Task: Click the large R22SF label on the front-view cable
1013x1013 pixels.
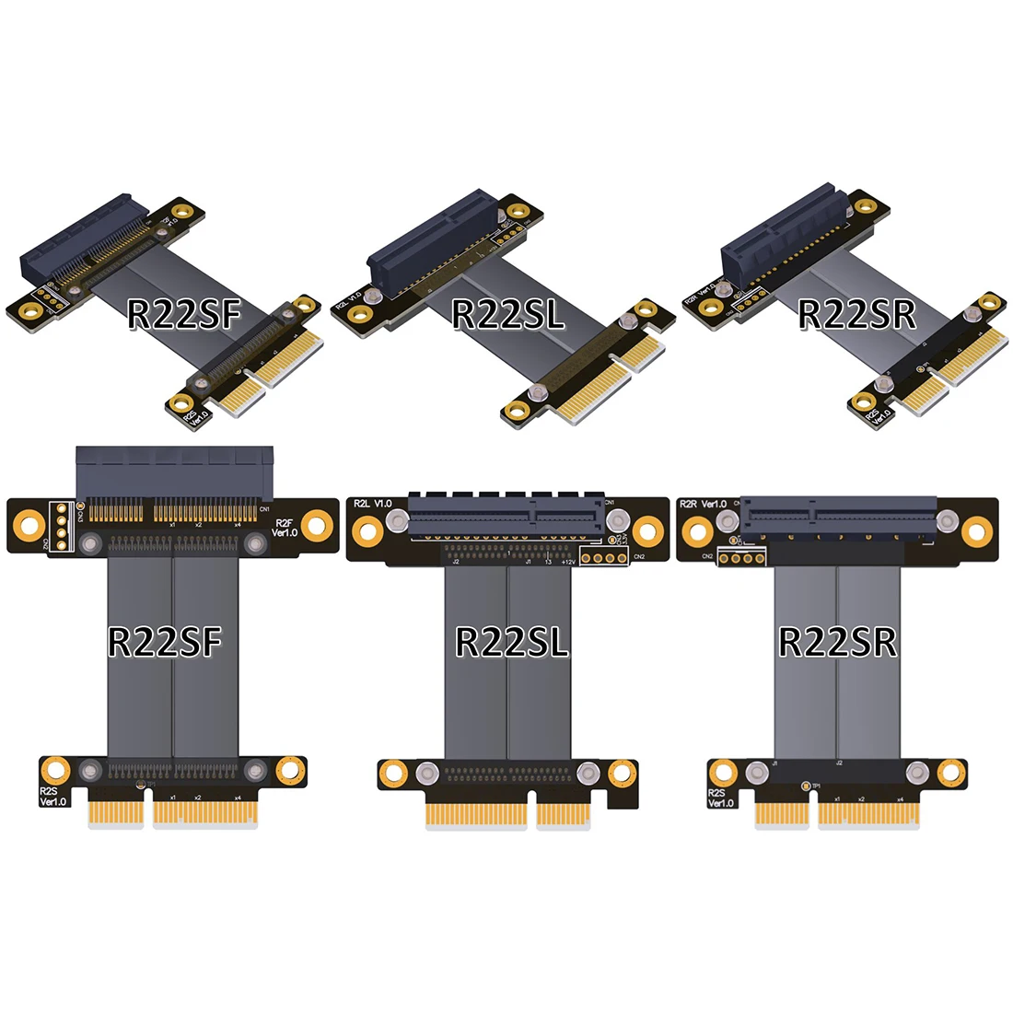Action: [166, 642]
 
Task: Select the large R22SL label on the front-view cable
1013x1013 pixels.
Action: [512, 642]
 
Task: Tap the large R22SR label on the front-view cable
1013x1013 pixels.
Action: [837, 642]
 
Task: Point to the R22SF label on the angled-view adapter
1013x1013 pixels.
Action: [183, 315]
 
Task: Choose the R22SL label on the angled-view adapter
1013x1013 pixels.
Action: [507, 315]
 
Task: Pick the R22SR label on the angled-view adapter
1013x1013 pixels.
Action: [856, 315]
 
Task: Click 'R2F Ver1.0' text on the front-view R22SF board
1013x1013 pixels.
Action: [285, 528]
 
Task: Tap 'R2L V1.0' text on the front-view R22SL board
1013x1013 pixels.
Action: [373, 504]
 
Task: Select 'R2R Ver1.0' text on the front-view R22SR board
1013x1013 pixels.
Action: [703, 504]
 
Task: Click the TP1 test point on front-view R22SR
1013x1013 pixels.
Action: [806, 786]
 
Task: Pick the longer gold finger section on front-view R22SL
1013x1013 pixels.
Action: [477, 814]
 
